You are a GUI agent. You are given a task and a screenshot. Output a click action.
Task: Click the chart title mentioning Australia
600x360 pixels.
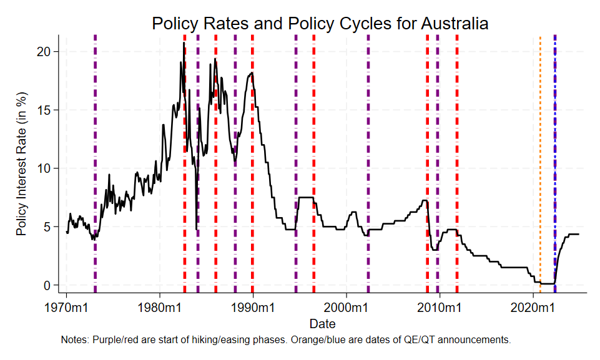pos(320,24)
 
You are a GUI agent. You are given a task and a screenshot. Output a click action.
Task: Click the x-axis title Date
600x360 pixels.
pos(322,324)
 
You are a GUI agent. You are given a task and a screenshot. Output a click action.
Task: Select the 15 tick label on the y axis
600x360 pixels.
pos(51,110)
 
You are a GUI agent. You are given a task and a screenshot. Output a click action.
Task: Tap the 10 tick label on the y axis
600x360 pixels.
pos(51,168)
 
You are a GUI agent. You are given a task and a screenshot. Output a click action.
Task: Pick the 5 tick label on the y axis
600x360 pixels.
pos(54,226)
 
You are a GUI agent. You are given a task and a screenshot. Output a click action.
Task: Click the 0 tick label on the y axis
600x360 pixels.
pos(54,285)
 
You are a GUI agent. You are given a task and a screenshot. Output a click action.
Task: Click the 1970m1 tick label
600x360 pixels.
pos(67,308)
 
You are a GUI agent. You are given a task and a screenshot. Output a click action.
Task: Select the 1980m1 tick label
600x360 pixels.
pos(160,308)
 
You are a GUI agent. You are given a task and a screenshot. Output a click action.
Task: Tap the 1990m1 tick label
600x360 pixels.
pos(253,308)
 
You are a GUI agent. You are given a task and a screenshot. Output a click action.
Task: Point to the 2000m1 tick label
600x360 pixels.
pos(346,308)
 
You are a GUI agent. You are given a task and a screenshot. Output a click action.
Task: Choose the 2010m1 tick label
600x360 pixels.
pos(439,308)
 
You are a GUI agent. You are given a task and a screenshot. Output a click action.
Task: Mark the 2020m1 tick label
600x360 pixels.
pos(532,308)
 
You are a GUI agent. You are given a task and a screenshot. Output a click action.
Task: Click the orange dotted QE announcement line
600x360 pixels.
pos(540,156)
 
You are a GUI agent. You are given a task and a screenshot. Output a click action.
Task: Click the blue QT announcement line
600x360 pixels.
pos(555,156)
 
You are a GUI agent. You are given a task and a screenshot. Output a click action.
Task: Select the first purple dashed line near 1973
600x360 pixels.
pos(95,156)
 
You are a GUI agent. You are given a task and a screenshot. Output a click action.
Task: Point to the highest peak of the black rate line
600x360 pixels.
pos(184,43)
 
